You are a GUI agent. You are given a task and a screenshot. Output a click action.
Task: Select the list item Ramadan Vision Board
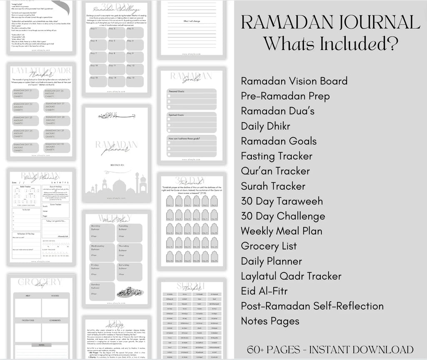[x=294, y=81]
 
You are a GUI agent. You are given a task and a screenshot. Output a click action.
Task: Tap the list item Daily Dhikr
[x=265, y=126]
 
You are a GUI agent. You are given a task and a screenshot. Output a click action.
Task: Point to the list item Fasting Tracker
[x=276, y=156]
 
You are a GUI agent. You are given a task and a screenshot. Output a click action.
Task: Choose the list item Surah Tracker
[x=273, y=186]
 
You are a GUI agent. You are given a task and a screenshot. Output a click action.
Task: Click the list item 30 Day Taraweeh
[x=281, y=201]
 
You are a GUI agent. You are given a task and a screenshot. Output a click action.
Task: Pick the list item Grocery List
[x=269, y=246]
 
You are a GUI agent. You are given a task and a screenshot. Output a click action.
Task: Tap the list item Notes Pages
[x=270, y=321]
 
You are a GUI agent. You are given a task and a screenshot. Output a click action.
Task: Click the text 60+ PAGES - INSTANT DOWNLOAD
[x=330, y=350]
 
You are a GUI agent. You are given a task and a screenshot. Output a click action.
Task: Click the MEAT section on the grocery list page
[x=28, y=308]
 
